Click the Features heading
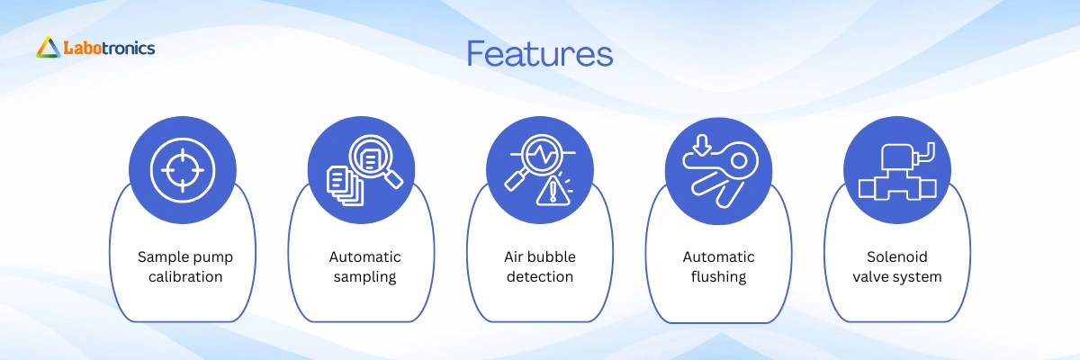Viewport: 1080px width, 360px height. (x=539, y=53)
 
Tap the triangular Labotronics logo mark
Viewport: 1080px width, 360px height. (x=49, y=47)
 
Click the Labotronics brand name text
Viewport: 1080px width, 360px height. (x=110, y=48)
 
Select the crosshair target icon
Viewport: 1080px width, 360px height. (x=182, y=170)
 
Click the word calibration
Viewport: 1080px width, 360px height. (x=185, y=276)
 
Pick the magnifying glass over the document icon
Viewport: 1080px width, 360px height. (x=375, y=161)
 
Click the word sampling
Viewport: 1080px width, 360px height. (x=364, y=277)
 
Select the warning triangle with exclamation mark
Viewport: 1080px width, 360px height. (x=553, y=191)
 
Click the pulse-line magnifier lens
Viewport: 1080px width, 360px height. (x=542, y=155)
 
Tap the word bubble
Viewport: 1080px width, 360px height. (x=552, y=256)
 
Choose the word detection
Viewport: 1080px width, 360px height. (x=539, y=276)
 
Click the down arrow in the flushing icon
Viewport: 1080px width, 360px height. (x=702, y=145)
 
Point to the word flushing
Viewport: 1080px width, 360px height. (x=718, y=277)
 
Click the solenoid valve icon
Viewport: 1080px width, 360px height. (x=897, y=171)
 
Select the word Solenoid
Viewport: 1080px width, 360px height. (x=896, y=256)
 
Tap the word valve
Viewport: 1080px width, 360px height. (x=870, y=276)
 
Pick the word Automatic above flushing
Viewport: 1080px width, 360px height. (x=718, y=256)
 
